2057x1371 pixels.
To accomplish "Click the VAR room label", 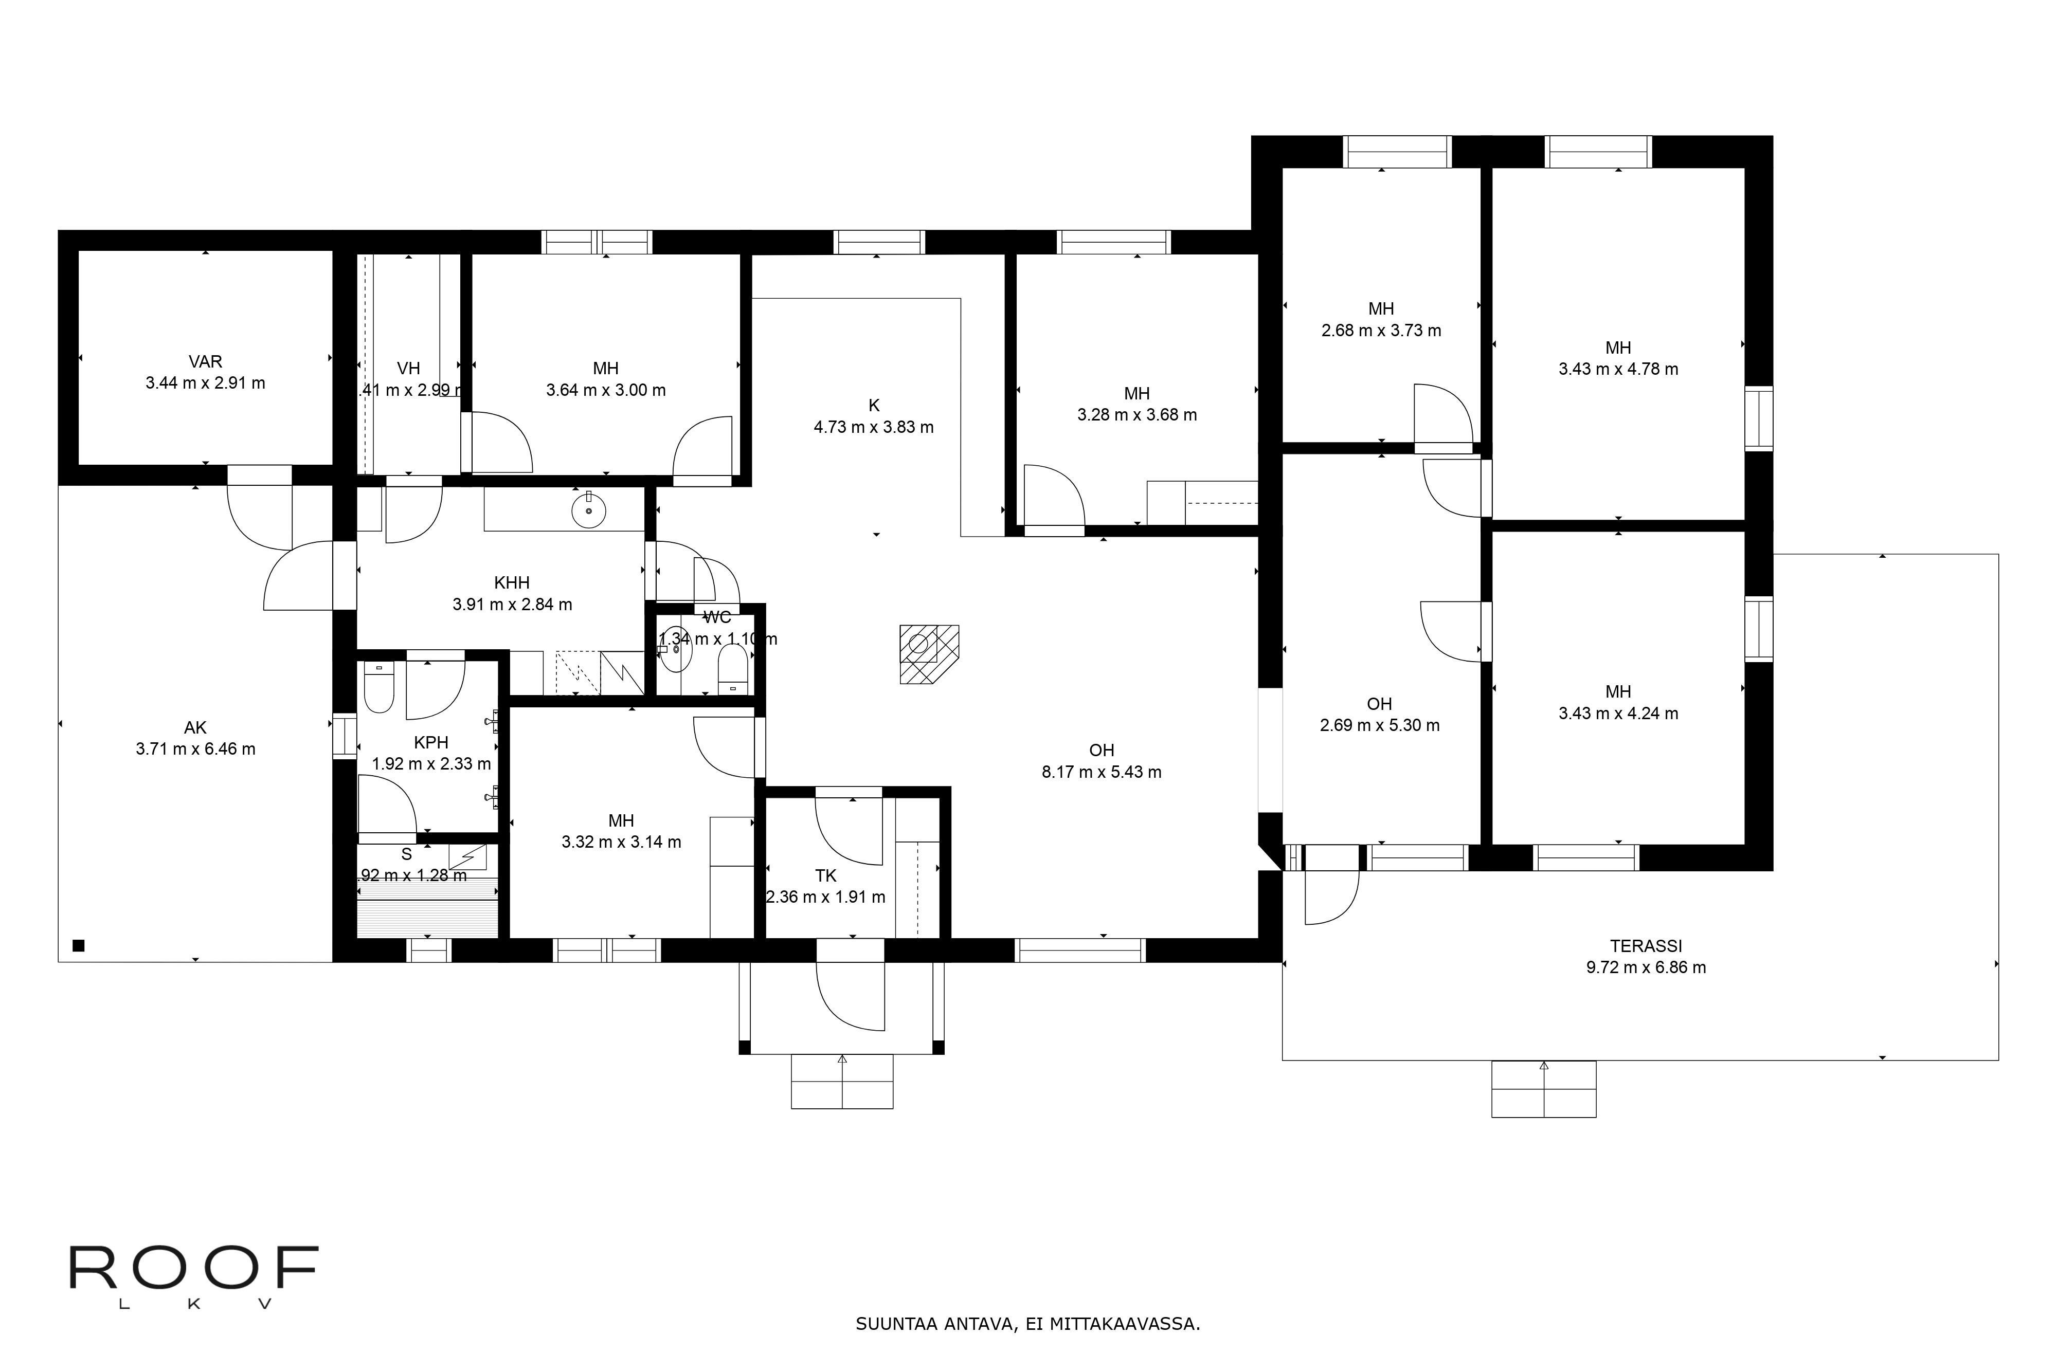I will tap(206, 361).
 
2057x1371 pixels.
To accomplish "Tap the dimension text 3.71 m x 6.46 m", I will tap(196, 750).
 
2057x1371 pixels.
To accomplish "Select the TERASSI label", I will tap(1646, 946).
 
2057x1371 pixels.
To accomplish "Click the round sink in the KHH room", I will tap(589, 510).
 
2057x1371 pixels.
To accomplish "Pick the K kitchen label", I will tap(874, 406).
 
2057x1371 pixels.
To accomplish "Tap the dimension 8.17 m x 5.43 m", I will tap(1101, 772).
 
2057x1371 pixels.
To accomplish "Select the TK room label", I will tap(825, 876).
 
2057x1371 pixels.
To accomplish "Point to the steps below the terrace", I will tap(1544, 1089).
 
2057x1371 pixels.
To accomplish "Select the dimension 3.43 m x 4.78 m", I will tap(1618, 370).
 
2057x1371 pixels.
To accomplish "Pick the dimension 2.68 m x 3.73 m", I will tap(1381, 331).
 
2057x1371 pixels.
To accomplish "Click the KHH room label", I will tap(512, 582).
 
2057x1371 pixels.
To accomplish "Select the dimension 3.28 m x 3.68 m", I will tap(1137, 415).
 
